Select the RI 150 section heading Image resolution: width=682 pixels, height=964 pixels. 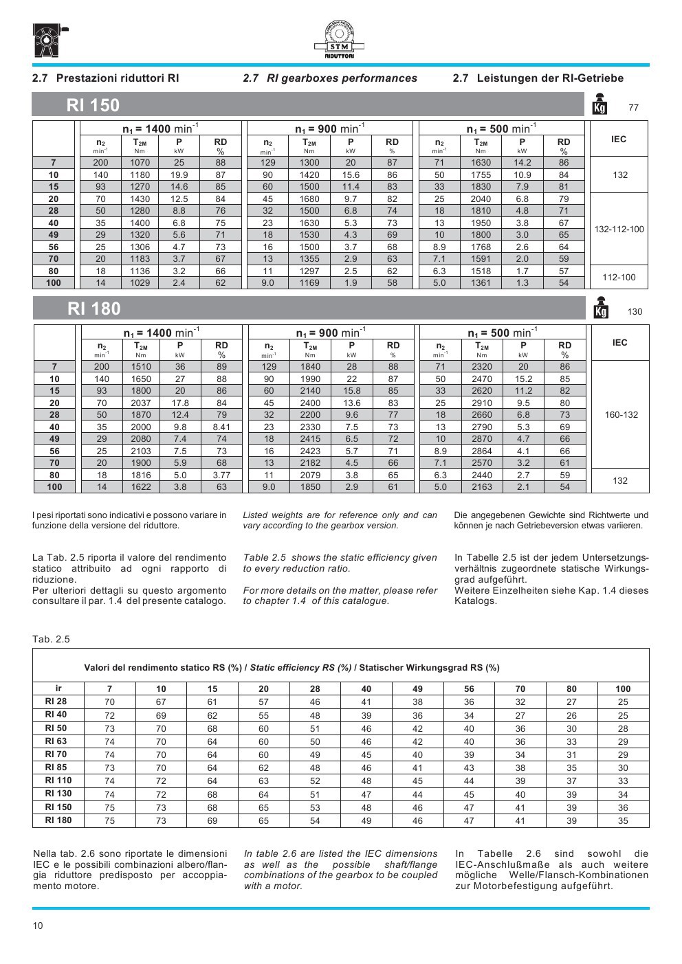93,105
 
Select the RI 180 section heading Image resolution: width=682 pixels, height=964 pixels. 94,309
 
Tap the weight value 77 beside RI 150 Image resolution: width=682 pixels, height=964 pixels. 634,108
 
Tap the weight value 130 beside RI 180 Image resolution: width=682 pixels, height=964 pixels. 635,312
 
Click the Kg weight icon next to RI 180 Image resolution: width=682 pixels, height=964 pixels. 600,309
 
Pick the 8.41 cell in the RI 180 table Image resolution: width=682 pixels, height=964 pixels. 221,427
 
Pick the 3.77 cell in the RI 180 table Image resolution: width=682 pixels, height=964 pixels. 221,475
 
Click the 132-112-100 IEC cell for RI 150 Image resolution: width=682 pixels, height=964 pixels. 619,229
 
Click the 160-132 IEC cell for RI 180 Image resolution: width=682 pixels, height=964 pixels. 621,415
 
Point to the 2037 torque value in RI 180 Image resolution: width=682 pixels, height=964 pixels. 141,403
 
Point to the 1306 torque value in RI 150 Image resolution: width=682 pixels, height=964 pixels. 140,247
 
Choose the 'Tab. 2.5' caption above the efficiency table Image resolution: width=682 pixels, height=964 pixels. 51,639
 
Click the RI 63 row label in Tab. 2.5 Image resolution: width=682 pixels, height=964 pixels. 56,741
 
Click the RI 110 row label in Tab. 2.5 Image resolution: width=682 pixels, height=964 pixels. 58,781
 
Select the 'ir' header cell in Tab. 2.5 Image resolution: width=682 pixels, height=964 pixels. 58,688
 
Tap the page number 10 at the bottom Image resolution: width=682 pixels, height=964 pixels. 38,926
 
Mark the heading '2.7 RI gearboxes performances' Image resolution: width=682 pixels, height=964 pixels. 330,78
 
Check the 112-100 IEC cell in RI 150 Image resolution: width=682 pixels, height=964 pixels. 619,277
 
